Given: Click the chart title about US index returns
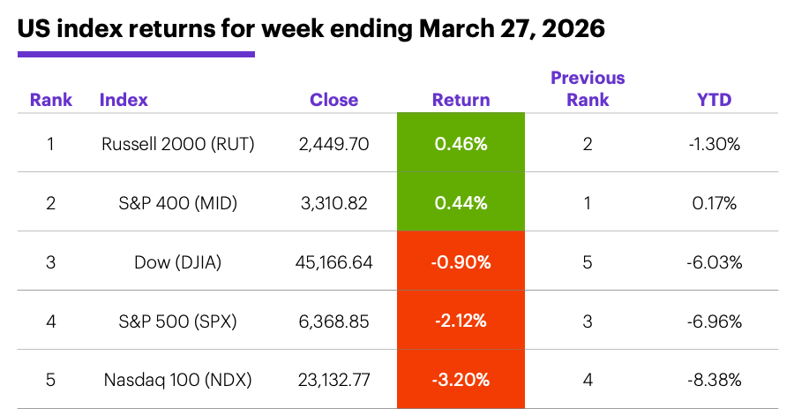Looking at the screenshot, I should tap(311, 28).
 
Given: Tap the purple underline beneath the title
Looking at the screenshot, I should tap(136, 55).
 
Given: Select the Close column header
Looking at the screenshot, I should tap(333, 100).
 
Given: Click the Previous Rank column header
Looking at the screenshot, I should tap(588, 89).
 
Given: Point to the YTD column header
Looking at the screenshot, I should tap(715, 100).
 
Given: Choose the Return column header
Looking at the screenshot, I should tap(461, 100).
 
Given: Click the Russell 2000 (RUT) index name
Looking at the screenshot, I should tap(177, 143).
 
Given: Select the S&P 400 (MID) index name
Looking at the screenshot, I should tap(177, 202).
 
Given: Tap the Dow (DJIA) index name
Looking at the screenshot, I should tap(177, 261).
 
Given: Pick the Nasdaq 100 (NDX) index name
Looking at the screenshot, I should tap(177, 380).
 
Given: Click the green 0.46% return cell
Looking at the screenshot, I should tap(461, 143).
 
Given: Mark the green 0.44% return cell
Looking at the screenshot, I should tap(461, 202).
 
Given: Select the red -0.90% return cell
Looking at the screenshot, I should tap(461, 261).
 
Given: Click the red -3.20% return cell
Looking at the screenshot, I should tap(461, 380).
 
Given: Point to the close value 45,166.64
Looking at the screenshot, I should tap(335, 261).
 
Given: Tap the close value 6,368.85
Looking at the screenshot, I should tap(335, 321).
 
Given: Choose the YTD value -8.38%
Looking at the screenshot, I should tap(715, 380).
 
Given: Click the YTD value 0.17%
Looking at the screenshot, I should tap(715, 202).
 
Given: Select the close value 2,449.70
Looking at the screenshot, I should tap(335, 143).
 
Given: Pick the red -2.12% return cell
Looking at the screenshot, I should tap(461, 321).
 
